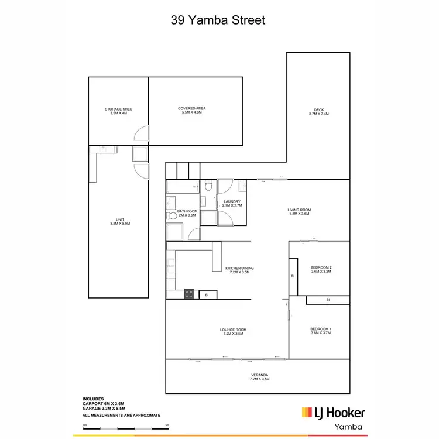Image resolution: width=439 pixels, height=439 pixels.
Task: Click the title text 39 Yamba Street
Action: (218, 20)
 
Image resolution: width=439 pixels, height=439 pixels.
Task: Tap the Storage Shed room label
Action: (118, 111)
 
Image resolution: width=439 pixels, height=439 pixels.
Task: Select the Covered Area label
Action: (192, 110)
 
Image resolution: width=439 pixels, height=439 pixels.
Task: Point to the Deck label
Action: (318, 112)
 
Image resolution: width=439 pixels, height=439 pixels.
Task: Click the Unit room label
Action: (118, 222)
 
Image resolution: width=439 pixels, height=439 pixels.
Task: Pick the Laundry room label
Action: (232, 204)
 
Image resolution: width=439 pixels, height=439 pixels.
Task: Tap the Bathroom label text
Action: (187, 213)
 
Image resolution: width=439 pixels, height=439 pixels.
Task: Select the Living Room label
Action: (299, 212)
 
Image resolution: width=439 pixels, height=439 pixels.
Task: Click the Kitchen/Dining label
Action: (239, 270)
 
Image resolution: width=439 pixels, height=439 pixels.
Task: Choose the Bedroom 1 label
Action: (320, 331)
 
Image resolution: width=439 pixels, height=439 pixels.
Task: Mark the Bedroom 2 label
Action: (321, 269)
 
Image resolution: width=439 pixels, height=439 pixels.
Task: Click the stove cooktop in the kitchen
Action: (190, 294)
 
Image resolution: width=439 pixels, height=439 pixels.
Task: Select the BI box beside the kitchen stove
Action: (207, 295)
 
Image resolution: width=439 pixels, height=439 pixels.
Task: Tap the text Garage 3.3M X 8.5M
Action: (104, 410)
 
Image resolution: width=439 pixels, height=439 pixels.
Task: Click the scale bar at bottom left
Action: (126, 428)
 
